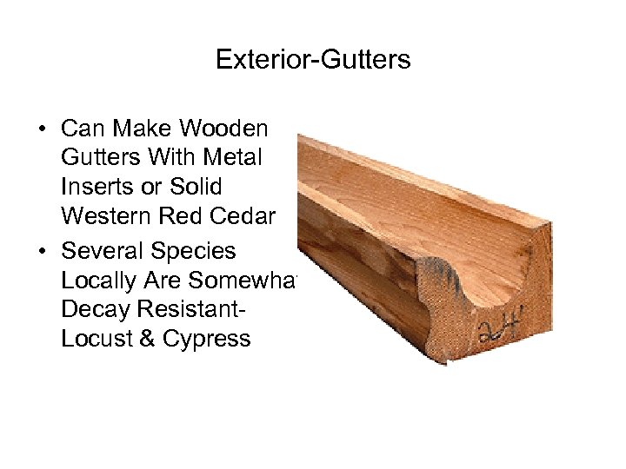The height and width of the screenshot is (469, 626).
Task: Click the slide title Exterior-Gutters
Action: tap(313, 60)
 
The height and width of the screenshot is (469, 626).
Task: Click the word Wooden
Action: tap(224, 129)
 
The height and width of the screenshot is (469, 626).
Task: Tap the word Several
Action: tap(102, 251)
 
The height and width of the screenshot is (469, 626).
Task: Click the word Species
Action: tap(193, 251)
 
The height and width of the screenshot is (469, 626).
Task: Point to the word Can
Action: tap(82, 129)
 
